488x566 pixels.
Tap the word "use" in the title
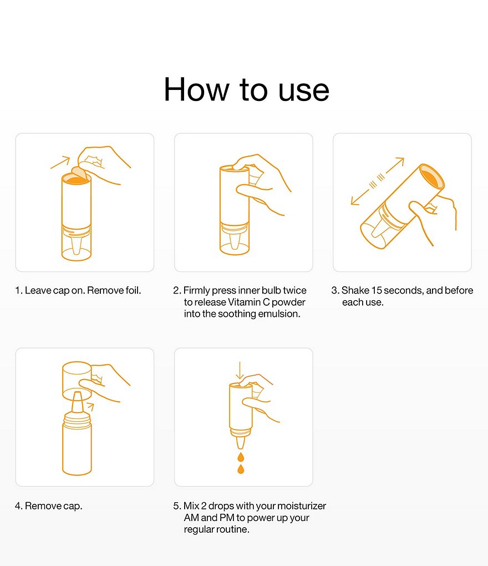304,91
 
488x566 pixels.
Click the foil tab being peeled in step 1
80,173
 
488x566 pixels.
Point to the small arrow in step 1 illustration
60,163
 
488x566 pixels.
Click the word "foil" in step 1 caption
132,290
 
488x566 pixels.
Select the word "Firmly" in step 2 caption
196,291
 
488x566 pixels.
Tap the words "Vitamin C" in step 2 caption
249,302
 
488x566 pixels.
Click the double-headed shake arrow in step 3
377,181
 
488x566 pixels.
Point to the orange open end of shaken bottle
432,177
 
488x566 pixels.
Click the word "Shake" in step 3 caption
355,290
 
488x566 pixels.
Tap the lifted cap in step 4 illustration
77,381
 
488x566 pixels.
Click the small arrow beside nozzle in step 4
90,407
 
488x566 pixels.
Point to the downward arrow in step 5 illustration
240,370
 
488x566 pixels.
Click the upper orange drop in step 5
241,457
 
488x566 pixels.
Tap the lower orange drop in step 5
241,469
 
